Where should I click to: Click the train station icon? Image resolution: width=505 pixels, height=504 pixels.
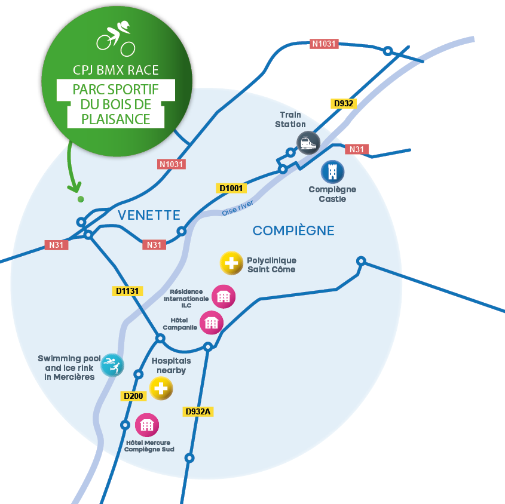(x=308, y=143)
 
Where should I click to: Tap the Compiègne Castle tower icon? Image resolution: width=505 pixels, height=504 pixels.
(x=333, y=172)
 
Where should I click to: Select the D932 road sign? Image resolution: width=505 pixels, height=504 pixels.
(x=344, y=103)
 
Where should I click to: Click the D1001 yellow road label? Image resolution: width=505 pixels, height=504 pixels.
(x=231, y=188)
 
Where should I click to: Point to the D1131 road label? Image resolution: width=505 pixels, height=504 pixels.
(x=126, y=291)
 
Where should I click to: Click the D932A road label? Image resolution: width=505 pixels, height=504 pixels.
(x=199, y=411)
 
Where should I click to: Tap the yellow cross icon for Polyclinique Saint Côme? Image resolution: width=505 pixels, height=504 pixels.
(x=231, y=263)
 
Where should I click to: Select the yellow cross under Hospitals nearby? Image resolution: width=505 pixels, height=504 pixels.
(x=161, y=388)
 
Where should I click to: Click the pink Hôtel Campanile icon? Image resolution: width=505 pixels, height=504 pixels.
(x=211, y=323)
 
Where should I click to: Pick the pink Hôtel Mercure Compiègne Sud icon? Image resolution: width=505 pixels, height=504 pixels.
(x=147, y=425)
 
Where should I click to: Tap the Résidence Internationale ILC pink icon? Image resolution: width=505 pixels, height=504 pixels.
(x=224, y=296)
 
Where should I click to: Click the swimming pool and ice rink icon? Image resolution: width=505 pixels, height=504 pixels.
(x=112, y=365)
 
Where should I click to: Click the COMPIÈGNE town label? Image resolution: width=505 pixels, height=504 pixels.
(x=293, y=231)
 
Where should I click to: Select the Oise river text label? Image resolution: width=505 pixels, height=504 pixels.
(x=238, y=208)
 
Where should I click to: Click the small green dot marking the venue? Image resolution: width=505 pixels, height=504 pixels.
(x=81, y=199)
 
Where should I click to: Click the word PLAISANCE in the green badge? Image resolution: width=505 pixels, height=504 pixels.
(x=117, y=119)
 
